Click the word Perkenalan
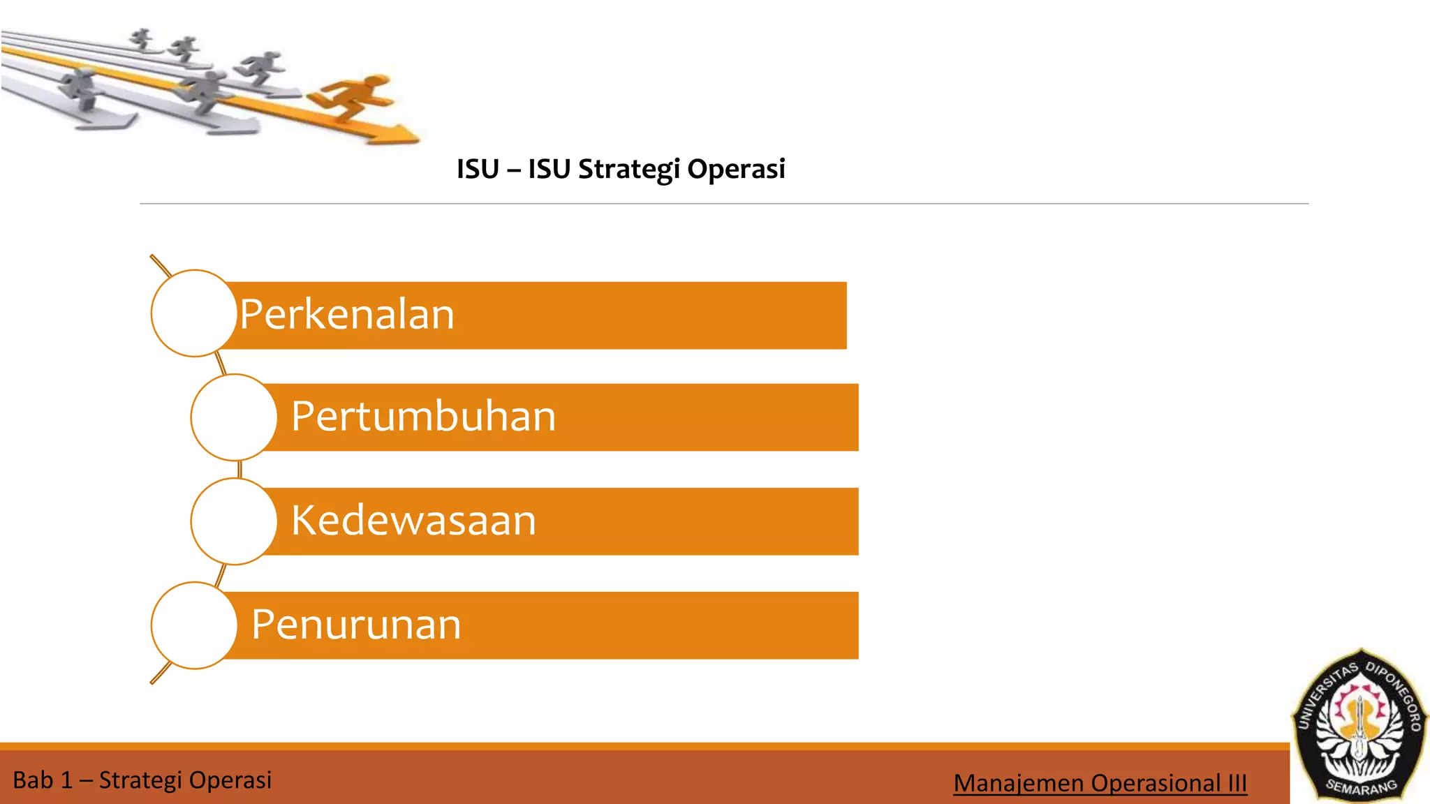(347, 315)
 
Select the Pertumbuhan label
(423, 417)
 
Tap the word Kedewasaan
(413, 521)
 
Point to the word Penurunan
(356, 625)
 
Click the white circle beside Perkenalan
(194, 313)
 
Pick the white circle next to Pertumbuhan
(234, 417)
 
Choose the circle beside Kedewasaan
(234, 521)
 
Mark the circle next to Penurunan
(194, 625)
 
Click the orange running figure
(353, 97)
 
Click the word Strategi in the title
(628, 170)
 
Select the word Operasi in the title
(736, 170)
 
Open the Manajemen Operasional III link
(1100, 783)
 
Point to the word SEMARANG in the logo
(1361, 787)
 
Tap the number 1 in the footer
(66, 780)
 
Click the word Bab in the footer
(33, 780)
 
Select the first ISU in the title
(478, 170)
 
